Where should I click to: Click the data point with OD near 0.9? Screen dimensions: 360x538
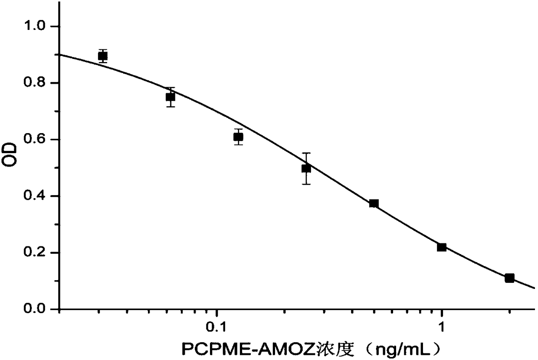(103, 56)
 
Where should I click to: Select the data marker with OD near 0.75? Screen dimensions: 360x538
(171, 97)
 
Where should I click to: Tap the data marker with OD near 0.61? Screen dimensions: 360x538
(238, 137)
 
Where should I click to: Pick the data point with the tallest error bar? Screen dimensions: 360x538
(306, 168)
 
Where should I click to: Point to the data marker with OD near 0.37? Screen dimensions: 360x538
(374, 203)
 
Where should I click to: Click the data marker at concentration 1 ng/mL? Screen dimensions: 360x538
(442, 247)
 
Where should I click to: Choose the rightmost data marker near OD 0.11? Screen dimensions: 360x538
(509, 278)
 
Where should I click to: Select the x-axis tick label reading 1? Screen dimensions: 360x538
(442, 326)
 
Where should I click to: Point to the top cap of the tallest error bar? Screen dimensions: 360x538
(306, 153)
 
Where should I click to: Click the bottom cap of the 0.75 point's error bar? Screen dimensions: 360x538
(171, 106)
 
